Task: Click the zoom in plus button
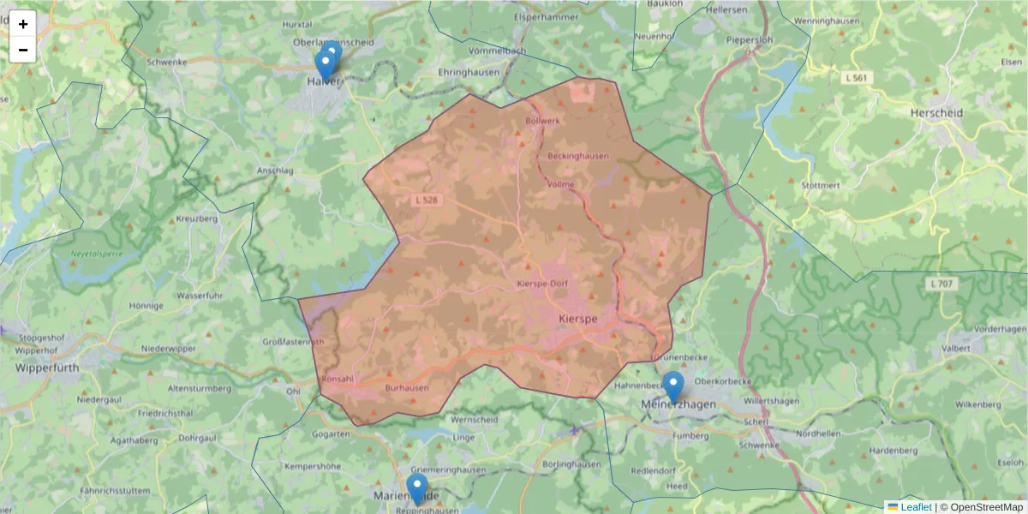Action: tap(23, 24)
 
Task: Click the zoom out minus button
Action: tap(23, 50)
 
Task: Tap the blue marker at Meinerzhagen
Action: tap(673, 386)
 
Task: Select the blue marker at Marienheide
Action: tap(417, 489)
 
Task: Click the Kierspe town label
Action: tap(577, 319)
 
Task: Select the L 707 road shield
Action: tap(941, 284)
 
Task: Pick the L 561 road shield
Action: tap(856, 78)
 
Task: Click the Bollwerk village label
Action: tap(542, 121)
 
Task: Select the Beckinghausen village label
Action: tap(578, 156)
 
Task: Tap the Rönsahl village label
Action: tap(336, 378)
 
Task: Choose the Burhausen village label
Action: tap(407, 388)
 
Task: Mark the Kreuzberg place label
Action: tap(196, 219)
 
